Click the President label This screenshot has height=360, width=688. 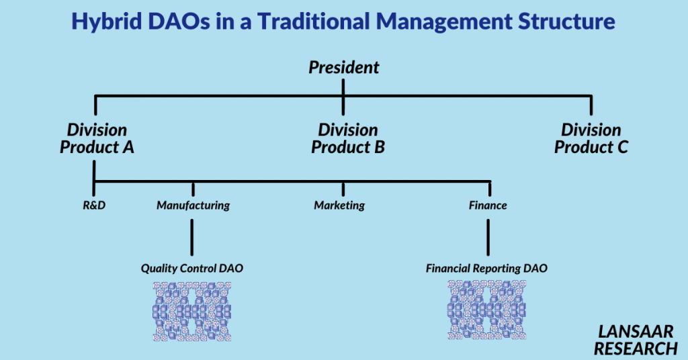[343, 68]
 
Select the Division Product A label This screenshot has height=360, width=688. [97, 138]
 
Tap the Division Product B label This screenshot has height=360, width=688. [348, 138]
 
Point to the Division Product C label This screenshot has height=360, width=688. [591, 138]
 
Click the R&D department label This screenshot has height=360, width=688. [94, 206]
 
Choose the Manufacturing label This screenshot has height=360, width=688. [193, 206]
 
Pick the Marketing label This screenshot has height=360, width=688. [339, 206]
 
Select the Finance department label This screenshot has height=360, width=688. [488, 206]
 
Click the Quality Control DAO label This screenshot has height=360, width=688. [191, 269]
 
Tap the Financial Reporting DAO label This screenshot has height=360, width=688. [486, 269]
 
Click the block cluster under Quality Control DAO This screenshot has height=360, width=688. [191, 312]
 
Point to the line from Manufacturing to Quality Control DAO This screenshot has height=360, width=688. [191, 237]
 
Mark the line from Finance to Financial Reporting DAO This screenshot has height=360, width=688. [488, 237]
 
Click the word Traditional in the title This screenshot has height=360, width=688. [313, 21]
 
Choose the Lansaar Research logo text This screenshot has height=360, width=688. [636, 341]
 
